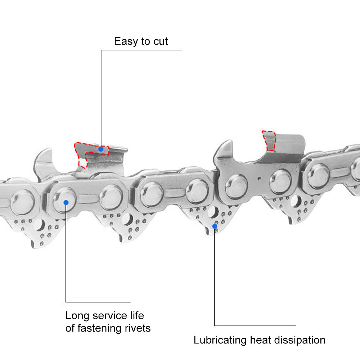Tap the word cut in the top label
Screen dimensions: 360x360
pyautogui.click(x=160, y=41)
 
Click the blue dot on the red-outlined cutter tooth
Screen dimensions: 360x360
pyautogui.click(x=101, y=149)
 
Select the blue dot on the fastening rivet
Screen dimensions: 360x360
pyautogui.click(x=66, y=202)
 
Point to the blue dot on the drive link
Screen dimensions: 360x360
pyautogui.click(x=215, y=226)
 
